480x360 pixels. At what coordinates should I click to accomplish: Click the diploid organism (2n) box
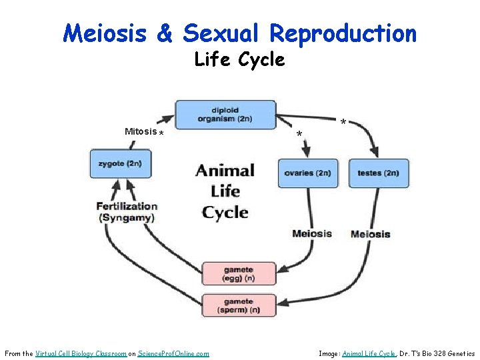[x=225, y=115]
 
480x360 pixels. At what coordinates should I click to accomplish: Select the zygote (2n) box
[x=121, y=164]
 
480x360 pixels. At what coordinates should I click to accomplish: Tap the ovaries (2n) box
[x=307, y=173]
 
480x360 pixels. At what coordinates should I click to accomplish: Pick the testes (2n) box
[x=378, y=173]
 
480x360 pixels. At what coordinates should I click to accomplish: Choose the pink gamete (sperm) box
[x=239, y=305]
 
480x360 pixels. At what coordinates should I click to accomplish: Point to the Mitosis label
[x=141, y=131]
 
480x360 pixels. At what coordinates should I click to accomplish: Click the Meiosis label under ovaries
[x=311, y=233]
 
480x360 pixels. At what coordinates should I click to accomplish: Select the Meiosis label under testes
[x=370, y=234]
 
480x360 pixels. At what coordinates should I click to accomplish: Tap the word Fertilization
[x=127, y=206]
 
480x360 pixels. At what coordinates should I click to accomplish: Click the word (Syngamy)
[x=127, y=218]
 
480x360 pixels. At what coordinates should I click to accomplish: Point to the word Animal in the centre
[x=225, y=171]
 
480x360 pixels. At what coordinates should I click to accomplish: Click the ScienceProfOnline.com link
[x=173, y=353]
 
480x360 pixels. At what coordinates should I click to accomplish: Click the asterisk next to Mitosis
[x=162, y=133]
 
